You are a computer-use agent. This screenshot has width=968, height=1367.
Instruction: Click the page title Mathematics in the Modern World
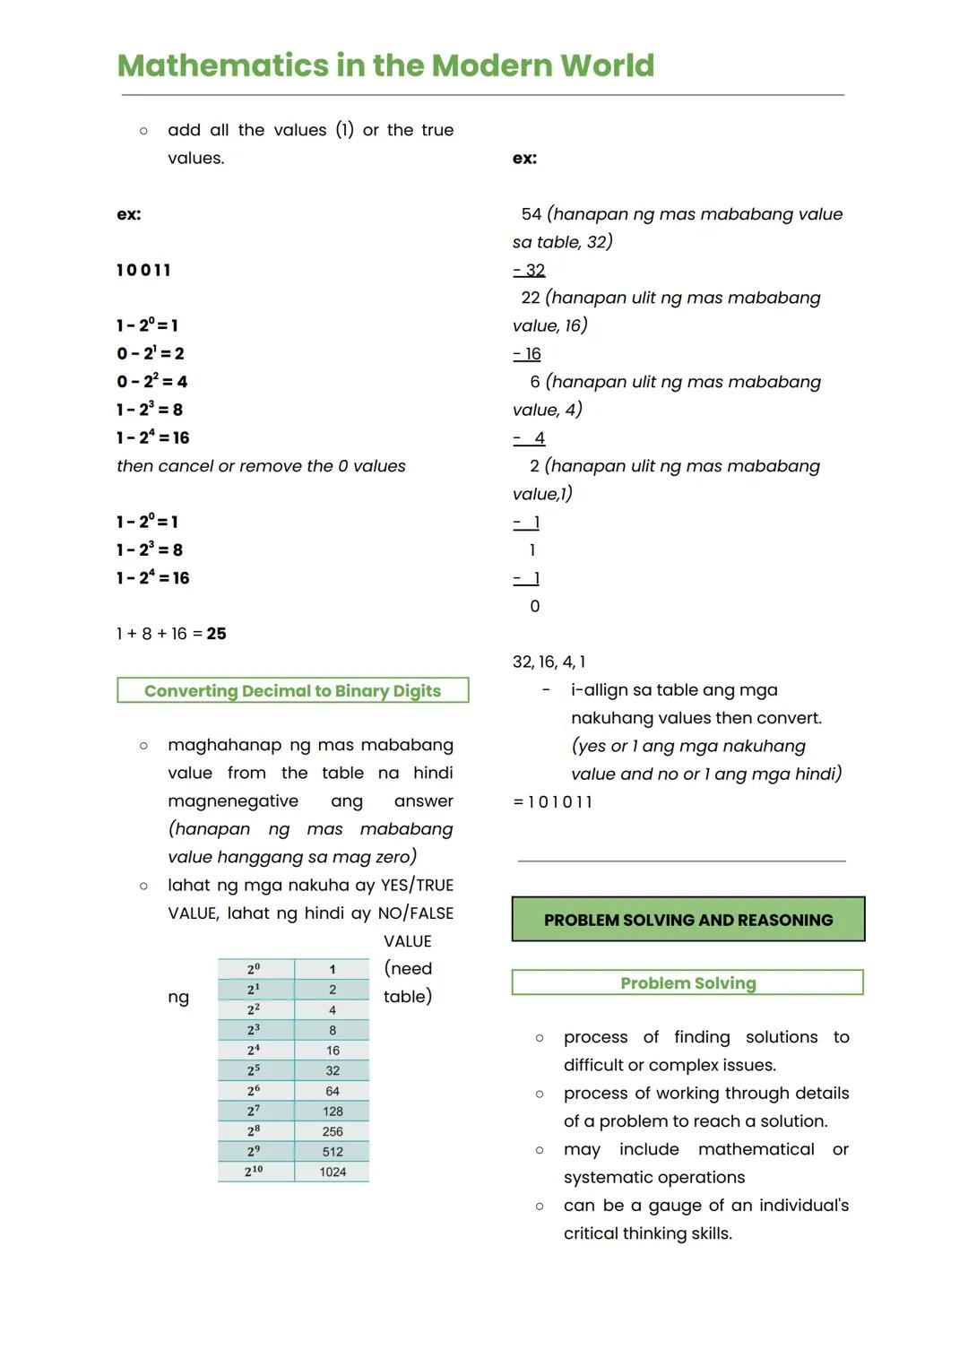click(385, 65)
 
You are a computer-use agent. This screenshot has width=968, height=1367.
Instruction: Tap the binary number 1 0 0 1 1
click(143, 270)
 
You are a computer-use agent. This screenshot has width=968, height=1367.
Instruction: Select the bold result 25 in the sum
click(216, 634)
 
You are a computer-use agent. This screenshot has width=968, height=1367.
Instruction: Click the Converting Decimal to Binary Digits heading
click(292, 690)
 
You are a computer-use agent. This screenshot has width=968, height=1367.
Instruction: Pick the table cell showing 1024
click(333, 1172)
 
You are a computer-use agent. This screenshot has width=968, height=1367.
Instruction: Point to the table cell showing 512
click(333, 1152)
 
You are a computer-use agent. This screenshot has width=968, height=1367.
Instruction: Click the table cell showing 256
click(333, 1131)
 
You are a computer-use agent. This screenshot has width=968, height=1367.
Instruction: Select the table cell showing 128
click(333, 1112)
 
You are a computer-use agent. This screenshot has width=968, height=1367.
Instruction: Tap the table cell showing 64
click(333, 1091)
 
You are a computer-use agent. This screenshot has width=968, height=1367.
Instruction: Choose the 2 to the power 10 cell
click(255, 1172)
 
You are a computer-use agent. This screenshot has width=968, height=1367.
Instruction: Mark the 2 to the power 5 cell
click(255, 1070)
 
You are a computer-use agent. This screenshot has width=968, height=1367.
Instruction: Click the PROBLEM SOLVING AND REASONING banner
click(687, 920)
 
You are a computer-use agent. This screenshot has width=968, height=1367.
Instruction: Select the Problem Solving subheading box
click(687, 982)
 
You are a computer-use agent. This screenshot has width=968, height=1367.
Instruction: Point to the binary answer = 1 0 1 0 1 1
click(553, 802)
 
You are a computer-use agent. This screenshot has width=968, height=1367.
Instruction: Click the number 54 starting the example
click(532, 214)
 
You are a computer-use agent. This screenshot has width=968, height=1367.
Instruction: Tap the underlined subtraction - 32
click(529, 270)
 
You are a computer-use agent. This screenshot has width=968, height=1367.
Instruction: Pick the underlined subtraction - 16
click(527, 354)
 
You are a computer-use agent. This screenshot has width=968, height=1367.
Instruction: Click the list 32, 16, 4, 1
click(549, 662)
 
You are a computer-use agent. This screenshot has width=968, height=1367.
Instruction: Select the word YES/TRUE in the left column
click(417, 886)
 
